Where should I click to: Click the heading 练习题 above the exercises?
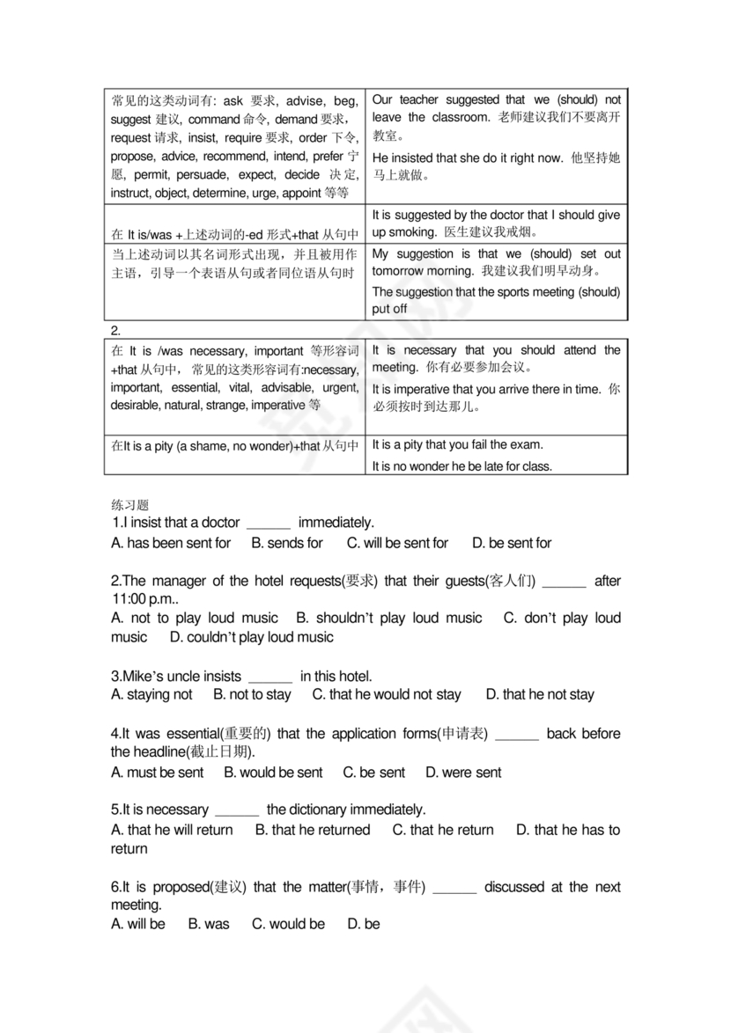tap(129, 504)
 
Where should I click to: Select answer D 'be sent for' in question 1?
tap(512, 543)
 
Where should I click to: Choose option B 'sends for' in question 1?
tap(287, 543)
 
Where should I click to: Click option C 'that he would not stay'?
tap(387, 694)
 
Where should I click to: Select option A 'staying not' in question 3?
tap(151, 694)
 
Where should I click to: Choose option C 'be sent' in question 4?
tap(374, 773)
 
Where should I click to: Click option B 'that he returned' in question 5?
tap(313, 830)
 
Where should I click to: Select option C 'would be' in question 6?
tap(288, 924)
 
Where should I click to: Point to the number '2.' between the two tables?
tap(116, 330)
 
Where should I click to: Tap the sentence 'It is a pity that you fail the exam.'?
tap(458, 444)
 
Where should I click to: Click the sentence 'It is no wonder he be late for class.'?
tap(462, 466)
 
